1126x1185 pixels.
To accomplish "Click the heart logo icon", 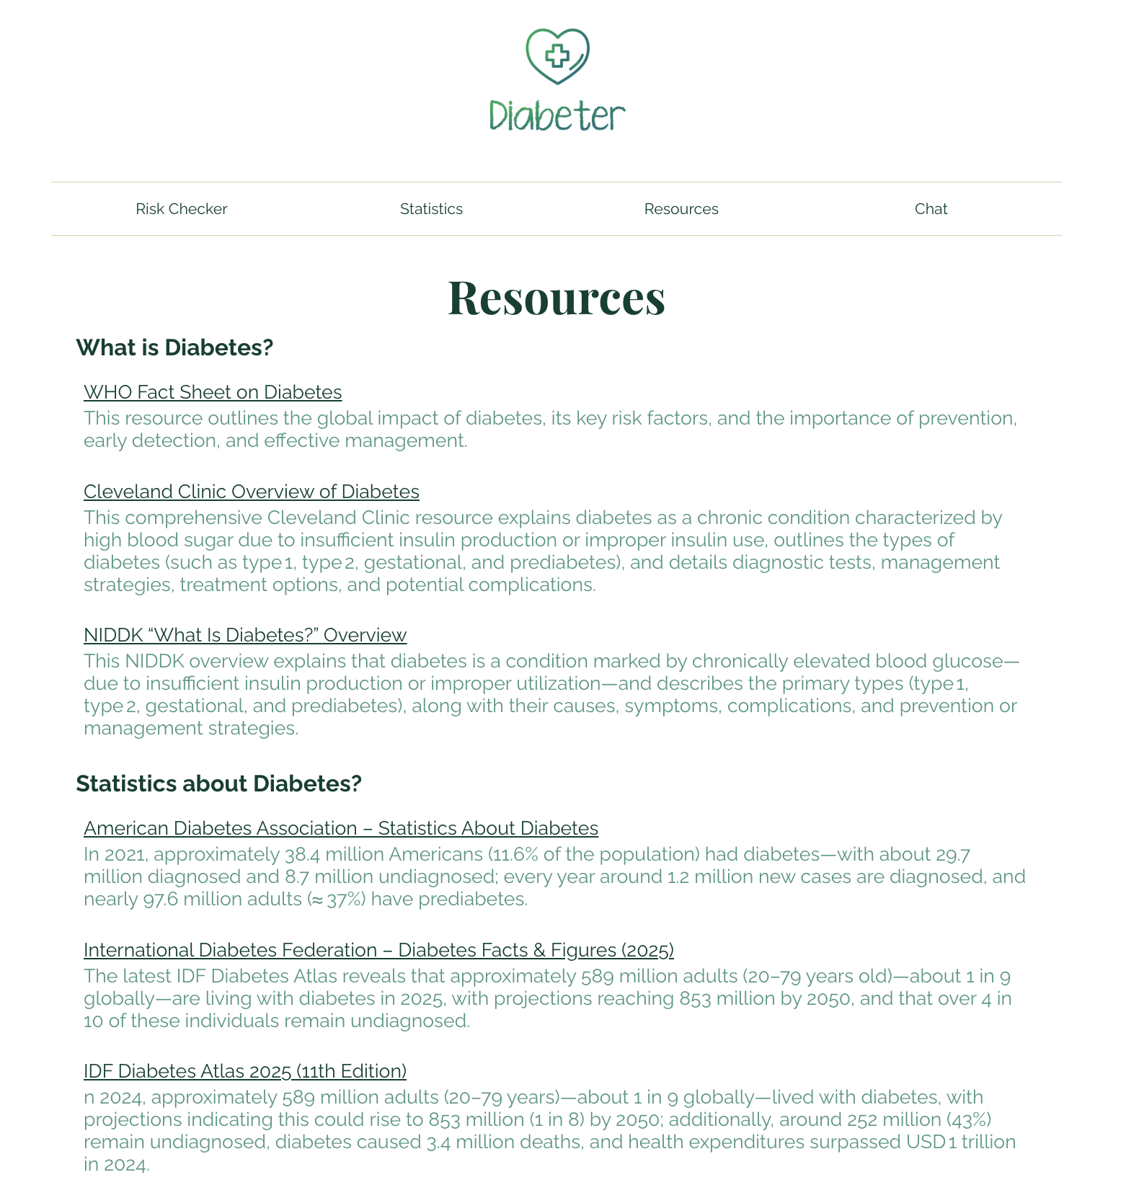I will (x=557, y=56).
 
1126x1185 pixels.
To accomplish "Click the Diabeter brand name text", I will (x=557, y=116).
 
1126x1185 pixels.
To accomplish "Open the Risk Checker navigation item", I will (x=181, y=209).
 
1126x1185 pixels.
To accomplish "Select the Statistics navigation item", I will (x=431, y=209).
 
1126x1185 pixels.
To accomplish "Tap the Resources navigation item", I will (x=681, y=209).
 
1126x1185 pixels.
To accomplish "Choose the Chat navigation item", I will (x=931, y=209).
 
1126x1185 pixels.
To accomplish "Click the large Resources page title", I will (x=557, y=297).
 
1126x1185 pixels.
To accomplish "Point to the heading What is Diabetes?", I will (x=174, y=347).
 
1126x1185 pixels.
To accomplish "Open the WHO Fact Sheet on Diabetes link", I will (x=213, y=392).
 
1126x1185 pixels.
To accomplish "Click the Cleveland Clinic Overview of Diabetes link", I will (x=252, y=492).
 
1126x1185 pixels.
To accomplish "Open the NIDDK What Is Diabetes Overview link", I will (x=245, y=635).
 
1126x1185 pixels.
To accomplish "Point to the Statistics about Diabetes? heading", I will (x=218, y=784).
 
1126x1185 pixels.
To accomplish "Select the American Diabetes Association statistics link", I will (x=341, y=828).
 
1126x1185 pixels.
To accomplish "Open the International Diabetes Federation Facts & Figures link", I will (x=378, y=950).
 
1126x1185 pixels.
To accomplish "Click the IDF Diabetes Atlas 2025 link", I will (x=245, y=1071).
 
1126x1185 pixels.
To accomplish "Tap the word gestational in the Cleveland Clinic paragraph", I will (x=408, y=562).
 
